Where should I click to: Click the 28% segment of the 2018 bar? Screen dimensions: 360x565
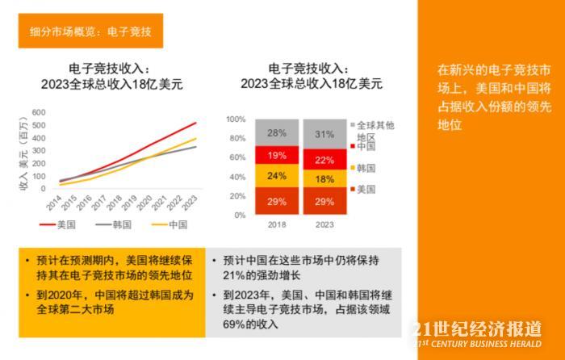pos(276,132)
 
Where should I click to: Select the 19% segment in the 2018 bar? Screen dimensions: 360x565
pos(276,155)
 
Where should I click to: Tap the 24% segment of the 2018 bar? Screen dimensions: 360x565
pos(276,175)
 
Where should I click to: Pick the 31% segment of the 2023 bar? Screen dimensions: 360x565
pos(324,134)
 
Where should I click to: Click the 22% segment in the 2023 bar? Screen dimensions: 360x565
pos(324,160)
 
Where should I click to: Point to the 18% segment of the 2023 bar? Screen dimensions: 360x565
pos(324,180)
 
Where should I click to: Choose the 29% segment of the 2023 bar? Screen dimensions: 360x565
pos(324,200)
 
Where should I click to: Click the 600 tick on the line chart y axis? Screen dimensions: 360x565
pos(39,112)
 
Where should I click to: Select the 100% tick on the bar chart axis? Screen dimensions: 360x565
pos(235,119)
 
